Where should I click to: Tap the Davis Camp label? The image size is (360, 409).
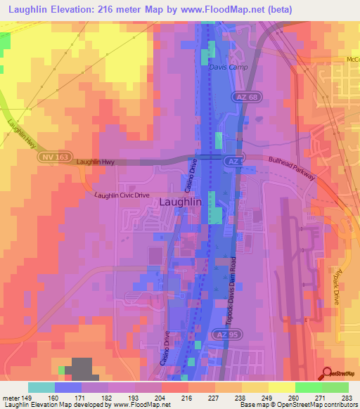[225, 68]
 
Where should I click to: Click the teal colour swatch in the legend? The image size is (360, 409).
[41, 387]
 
